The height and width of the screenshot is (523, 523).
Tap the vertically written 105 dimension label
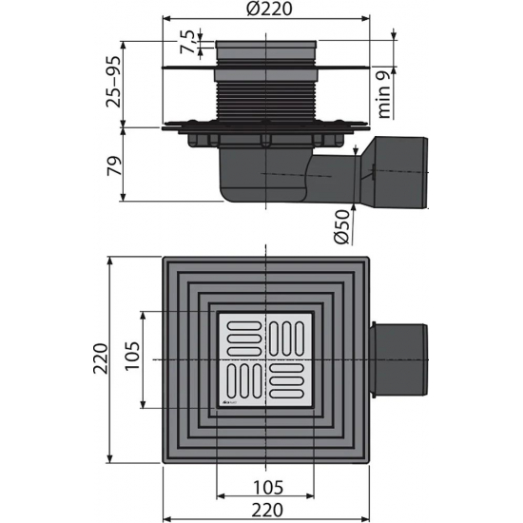[x=132, y=358]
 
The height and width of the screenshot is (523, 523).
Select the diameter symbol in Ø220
[x=250, y=10]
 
